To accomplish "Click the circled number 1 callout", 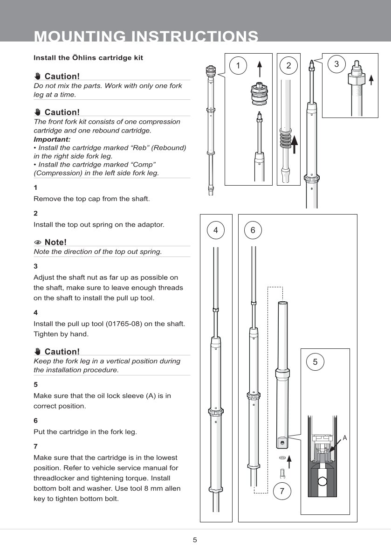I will [238, 66].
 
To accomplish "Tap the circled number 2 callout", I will [288, 66].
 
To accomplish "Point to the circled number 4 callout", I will [215, 230].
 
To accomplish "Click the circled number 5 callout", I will [316, 361].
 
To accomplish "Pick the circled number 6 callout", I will [253, 230].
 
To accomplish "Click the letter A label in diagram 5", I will [345, 437].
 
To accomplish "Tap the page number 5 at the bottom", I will [195, 540].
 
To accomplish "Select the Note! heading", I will [55, 242].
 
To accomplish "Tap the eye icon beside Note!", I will [38, 242].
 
